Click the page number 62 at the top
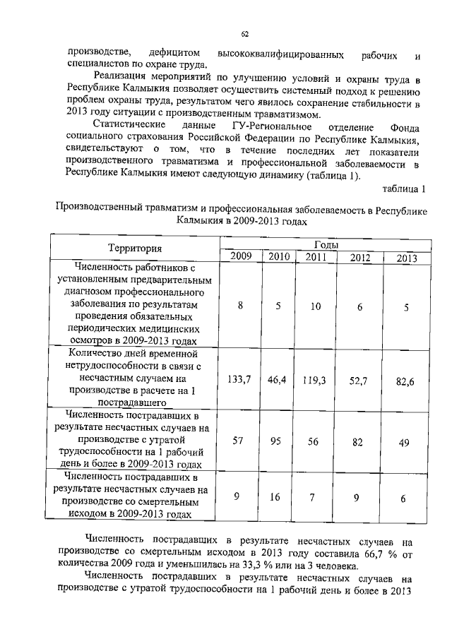pyautogui.click(x=244, y=33)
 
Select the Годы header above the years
pyautogui.click(x=324, y=243)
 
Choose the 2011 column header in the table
pyautogui.click(x=316, y=256)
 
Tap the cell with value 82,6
pyautogui.click(x=405, y=381)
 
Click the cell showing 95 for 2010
pyautogui.click(x=276, y=439)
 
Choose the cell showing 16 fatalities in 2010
pyautogui.click(x=275, y=497)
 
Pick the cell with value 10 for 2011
pyautogui.click(x=316, y=306)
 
